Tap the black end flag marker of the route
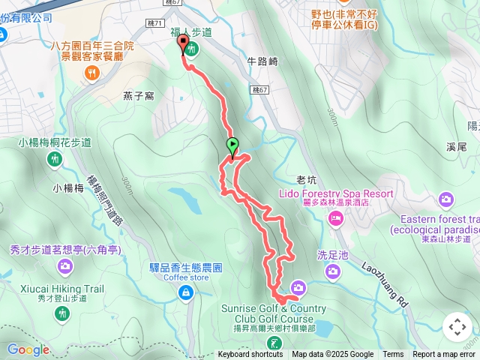[182, 44]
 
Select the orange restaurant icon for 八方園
[92, 72]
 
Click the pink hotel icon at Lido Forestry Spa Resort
[335, 218]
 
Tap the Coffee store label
[187, 277]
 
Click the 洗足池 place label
[334, 255]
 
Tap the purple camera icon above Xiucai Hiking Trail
[65, 265]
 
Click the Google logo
[28, 349]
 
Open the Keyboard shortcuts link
[250, 355]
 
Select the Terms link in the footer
[393, 355]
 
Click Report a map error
[444, 355]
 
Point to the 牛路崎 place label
[262, 62]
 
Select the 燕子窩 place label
[139, 95]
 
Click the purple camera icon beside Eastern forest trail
[447, 199]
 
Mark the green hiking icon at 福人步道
[193, 49]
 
